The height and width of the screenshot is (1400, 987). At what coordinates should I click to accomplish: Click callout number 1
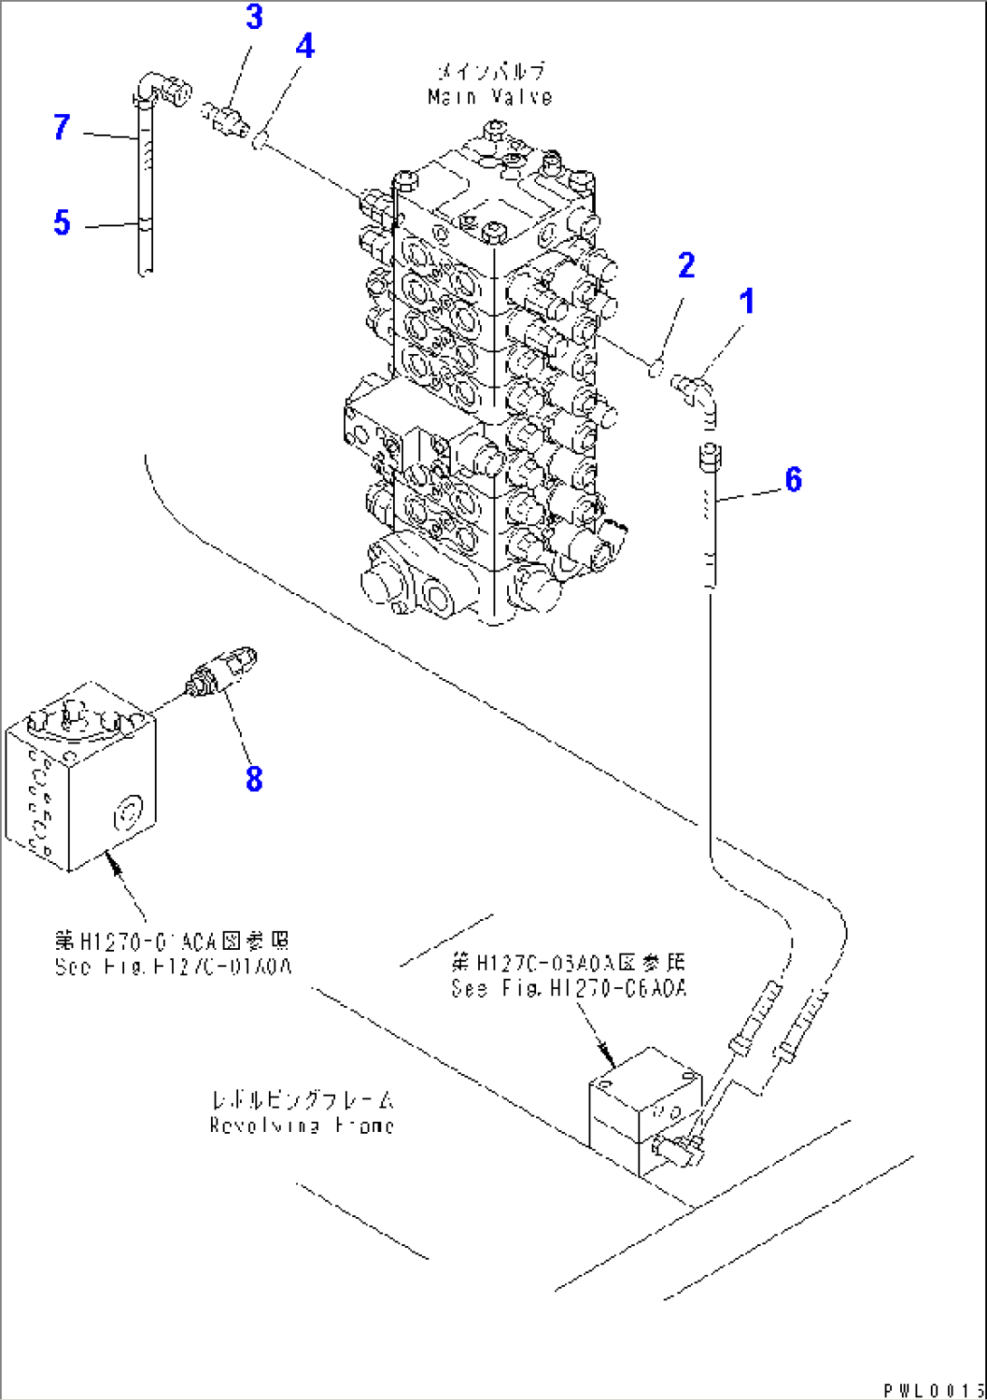coord(747,302)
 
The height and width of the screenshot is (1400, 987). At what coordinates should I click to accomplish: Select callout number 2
coord(686,265)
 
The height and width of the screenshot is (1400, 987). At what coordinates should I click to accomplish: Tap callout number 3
coord(254,16)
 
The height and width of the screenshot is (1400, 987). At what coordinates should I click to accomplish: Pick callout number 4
coord(305,45)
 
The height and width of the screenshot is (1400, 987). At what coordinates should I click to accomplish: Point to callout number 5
coord(62,222)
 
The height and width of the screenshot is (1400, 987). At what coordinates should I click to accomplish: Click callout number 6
coord(793,479)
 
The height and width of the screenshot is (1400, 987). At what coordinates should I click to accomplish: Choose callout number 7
coord(62,127)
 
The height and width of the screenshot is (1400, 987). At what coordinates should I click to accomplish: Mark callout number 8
coord(254,778)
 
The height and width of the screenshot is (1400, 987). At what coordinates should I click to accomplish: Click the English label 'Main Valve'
coord(490,97)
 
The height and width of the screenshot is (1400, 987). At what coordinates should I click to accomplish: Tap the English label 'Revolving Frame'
coord(302,1126)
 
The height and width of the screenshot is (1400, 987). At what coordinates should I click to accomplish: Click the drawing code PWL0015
coord(934,1389)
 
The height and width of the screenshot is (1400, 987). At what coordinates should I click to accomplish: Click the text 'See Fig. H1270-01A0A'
coord(173,966)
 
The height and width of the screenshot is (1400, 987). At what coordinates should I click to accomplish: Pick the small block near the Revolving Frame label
coord(645,1112)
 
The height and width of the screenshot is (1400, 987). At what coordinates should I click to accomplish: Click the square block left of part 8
coord(81,777)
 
